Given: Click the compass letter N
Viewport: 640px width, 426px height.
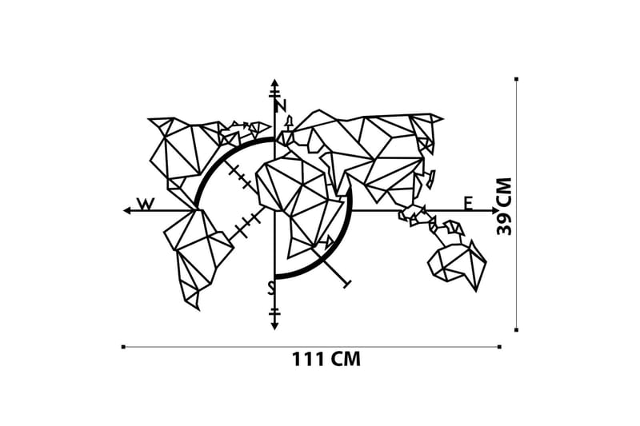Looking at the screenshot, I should point(280,106).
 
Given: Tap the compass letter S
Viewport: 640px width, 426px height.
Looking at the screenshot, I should point(271,287).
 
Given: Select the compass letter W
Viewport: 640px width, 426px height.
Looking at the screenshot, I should point(145,204).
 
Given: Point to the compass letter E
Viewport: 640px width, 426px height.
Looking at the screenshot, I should point(468,203).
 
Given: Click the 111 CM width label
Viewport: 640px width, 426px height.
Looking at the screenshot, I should point(326,360).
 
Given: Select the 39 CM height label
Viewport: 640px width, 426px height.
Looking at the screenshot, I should point(505,205).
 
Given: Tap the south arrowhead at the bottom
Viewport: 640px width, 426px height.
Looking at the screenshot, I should point(274,325).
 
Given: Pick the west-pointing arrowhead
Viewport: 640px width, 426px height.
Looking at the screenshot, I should point(126,210).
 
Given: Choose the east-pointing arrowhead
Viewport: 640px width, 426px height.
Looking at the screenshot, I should point(495,211).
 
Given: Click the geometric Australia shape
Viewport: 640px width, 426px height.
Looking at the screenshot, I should point(458,263).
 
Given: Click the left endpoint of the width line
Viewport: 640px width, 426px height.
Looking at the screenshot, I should point(123,347).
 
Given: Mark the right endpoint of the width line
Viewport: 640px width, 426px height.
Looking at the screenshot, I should point(499,347).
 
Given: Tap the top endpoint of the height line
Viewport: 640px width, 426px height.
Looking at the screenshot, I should point(516,79).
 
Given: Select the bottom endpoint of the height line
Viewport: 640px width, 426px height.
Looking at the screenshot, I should point(516,329).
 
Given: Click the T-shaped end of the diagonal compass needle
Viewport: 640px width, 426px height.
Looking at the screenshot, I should point(346,283).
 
